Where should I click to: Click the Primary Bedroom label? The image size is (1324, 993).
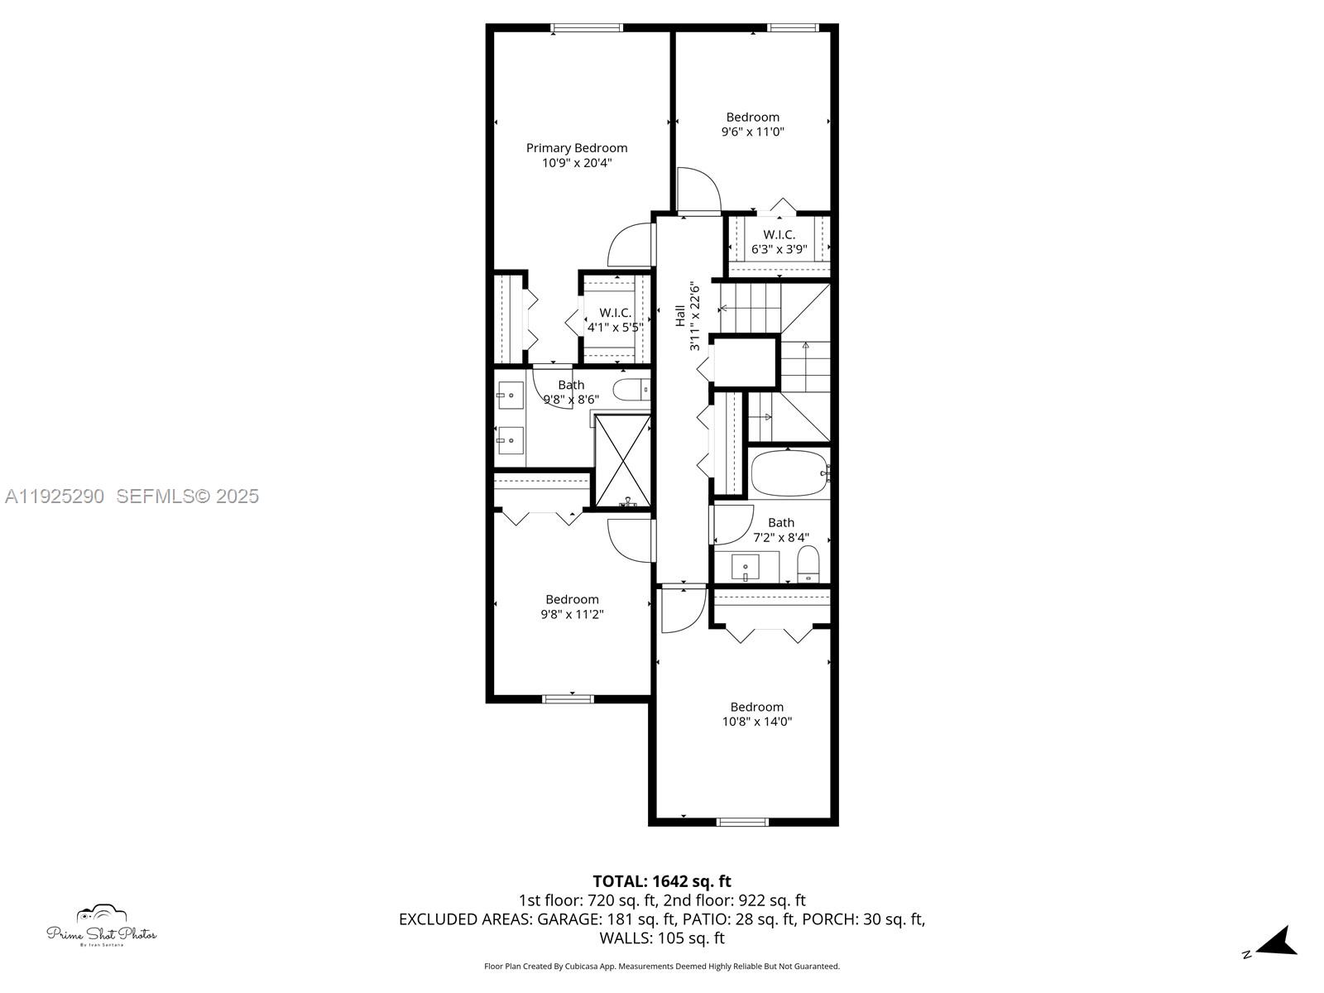(x=577, y=148)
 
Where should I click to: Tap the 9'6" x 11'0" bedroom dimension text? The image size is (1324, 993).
(x=752, y=132)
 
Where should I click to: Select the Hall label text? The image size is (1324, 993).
(x=679, y=315)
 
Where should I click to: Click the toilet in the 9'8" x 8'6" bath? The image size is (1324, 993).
(x=631, y=390)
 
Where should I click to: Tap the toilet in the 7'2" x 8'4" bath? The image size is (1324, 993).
(x=808, y=564)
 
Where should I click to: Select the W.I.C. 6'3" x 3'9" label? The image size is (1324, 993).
(x=779, y=242)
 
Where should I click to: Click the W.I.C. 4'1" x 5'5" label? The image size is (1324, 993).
(x=615, y=319)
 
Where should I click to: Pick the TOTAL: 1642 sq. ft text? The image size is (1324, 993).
(x=661, y=881)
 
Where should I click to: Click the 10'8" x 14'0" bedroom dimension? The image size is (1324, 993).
(x=756, y=722)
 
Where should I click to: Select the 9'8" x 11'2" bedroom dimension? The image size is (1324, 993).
(x=572, y=614)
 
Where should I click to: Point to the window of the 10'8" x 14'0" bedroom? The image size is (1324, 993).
(x=741, y=822)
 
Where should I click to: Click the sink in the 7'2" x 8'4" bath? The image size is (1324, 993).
(x=746, y=568)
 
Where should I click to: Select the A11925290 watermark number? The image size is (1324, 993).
(x=55, y=496)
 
